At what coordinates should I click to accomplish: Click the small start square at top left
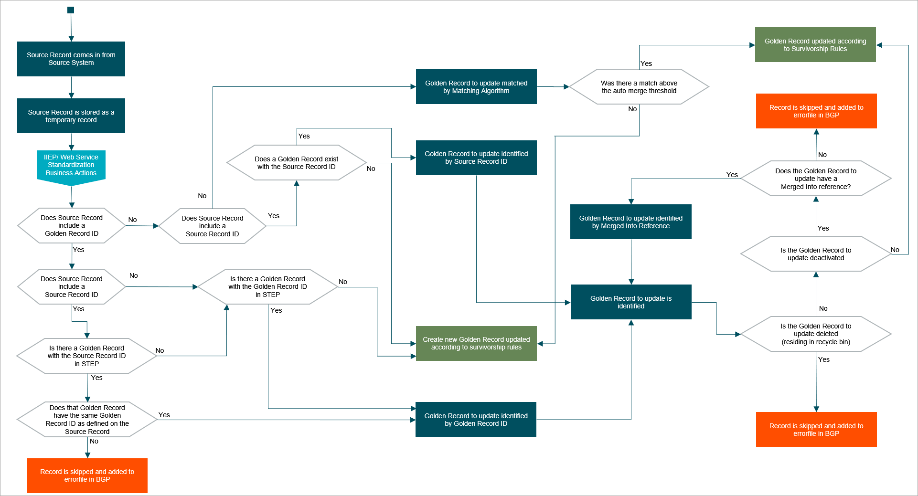pyautogui.click(x=71, y=10)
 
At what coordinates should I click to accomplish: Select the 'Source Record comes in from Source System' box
pyautogui.click(x=71, y=59)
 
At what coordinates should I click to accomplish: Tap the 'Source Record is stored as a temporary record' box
pyautogui.click(x=71, y=116)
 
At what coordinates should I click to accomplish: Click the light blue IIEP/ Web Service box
pyautogui.click(x=71, y=165)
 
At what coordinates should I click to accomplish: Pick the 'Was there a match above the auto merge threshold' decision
pyautogui.click(x=639, y=87)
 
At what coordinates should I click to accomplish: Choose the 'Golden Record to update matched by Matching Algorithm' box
pyautogui.click(x=476, y=87)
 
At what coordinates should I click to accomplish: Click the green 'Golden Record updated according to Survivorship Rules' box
pyautogui.click(x=815, y=45)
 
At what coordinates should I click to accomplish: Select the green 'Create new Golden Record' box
pyautogui.click(x=476, y=343)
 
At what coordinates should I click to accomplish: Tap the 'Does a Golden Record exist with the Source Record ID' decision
pyautogui.click(x=296, y=163)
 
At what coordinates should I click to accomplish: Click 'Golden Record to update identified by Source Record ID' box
pyautogui.click(x=476, y=158)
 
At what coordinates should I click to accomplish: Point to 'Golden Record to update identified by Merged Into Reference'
pyautogui.click(x=630, y=222)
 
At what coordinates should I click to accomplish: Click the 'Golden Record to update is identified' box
pyautogui.click(x=631, y=302)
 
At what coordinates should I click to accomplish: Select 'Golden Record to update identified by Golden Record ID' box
pyautogui.click(x=476, y=420)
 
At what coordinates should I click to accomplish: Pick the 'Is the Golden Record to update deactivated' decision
pyautogui.click(x=816, y=254)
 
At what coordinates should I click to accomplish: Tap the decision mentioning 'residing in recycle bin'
pyautogui.click(x=816, y=334)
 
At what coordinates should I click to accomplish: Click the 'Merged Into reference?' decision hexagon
pyautogui.click(x=816, y=179)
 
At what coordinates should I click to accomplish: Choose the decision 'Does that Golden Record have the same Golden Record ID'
pyautogui.click(x=87, y=420)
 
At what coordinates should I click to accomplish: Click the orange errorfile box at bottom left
pyautogui.click(x=87, y=475)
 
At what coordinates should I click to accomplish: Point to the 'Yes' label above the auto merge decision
pyautogui.click(x=646, y=63)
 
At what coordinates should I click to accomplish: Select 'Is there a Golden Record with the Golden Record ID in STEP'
pyautogui.click(x=267, y=287)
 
